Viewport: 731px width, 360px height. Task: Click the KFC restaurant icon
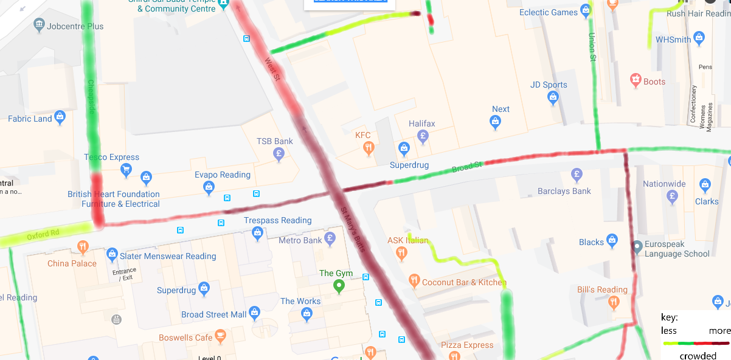pos(368,148)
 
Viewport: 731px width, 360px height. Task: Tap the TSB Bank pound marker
pos(279,153)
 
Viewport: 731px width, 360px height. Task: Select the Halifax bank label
pos(422,124)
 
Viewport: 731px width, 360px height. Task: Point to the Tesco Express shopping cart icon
pos(126,169)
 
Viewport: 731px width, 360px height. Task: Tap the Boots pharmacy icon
pos(636,79)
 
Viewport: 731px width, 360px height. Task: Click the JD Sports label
pos(549,85)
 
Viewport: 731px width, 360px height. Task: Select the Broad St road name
pos(466,166)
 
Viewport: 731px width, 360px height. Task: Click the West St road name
pos(272,69)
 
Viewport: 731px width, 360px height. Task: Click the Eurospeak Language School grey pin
pos(637,246)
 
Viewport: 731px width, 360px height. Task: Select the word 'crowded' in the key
pos(698,355)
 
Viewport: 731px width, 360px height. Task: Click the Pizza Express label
pos(467,345)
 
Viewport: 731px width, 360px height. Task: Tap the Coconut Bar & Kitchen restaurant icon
pos(414,280)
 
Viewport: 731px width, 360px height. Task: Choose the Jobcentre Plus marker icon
pos(40,25)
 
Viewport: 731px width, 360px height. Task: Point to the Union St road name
pos(592,47)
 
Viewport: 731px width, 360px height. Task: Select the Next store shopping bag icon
pos(496,122)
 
